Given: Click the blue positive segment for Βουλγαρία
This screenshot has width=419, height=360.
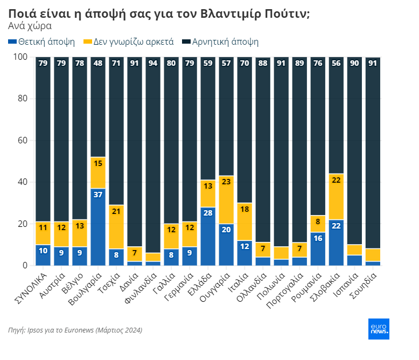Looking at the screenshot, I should [x=98, y=227].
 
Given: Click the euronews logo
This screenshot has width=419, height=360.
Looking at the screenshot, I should [x=379, y=329].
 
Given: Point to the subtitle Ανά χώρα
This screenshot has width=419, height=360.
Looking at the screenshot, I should [x=30, y=25].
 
